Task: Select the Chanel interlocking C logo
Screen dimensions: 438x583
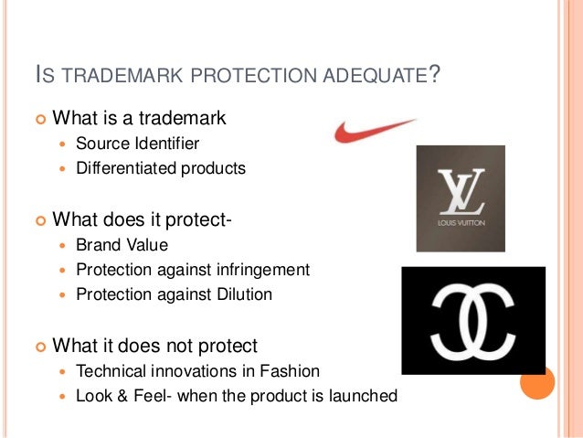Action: click(472, 320)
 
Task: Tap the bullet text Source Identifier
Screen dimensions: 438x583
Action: click(137, 144)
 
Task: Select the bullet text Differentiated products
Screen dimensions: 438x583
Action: click(161, 168)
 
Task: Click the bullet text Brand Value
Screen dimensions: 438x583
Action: click(122, 245)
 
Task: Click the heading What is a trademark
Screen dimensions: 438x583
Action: click(139, 118)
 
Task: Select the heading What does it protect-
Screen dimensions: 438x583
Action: click(143, 219)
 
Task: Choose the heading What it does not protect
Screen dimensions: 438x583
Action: click(155, 346)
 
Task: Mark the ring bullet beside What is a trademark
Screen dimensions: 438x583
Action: click(38, 119)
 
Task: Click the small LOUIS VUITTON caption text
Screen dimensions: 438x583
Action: click(461, 220)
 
